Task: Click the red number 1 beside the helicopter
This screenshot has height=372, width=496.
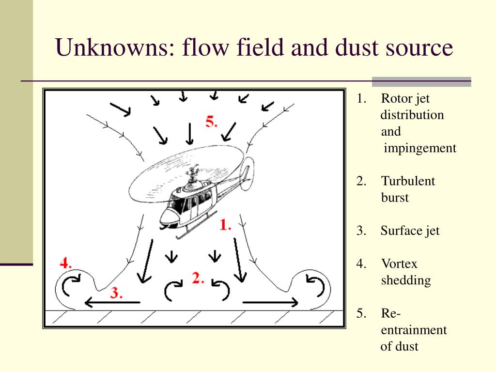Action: [225, 225]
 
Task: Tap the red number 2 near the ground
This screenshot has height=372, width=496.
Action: [198, 278]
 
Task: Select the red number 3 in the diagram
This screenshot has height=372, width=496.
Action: [116, 293]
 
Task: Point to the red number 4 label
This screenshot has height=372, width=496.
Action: [66, 263]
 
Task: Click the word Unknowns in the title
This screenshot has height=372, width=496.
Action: [112, 48]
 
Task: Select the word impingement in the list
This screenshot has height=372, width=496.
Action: [420, 148]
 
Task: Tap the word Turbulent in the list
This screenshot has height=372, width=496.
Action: [408, 181]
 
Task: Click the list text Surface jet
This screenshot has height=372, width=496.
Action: [410, 231]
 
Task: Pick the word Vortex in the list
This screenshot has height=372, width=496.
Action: [399, 264]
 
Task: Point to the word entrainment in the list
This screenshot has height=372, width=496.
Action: [414, 330]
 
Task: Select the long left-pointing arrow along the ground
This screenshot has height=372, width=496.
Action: [112, 303]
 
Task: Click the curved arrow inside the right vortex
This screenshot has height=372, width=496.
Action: [316, 284]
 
